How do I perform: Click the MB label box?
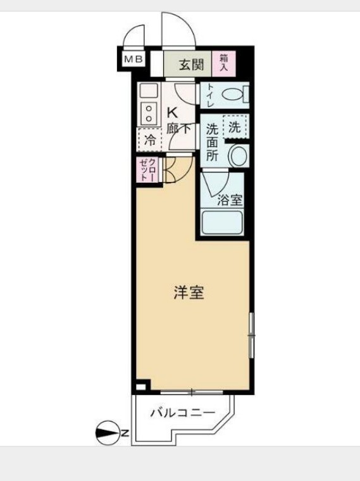click(133, 59)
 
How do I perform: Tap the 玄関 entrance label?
click(187, 63)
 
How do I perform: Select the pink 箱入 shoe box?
click(224, 62)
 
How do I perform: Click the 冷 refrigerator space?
click(150, 141)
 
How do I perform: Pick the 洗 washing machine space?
click(234, 126)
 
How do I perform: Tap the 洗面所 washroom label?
click(213, 142)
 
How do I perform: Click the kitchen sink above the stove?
click(149, 89)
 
